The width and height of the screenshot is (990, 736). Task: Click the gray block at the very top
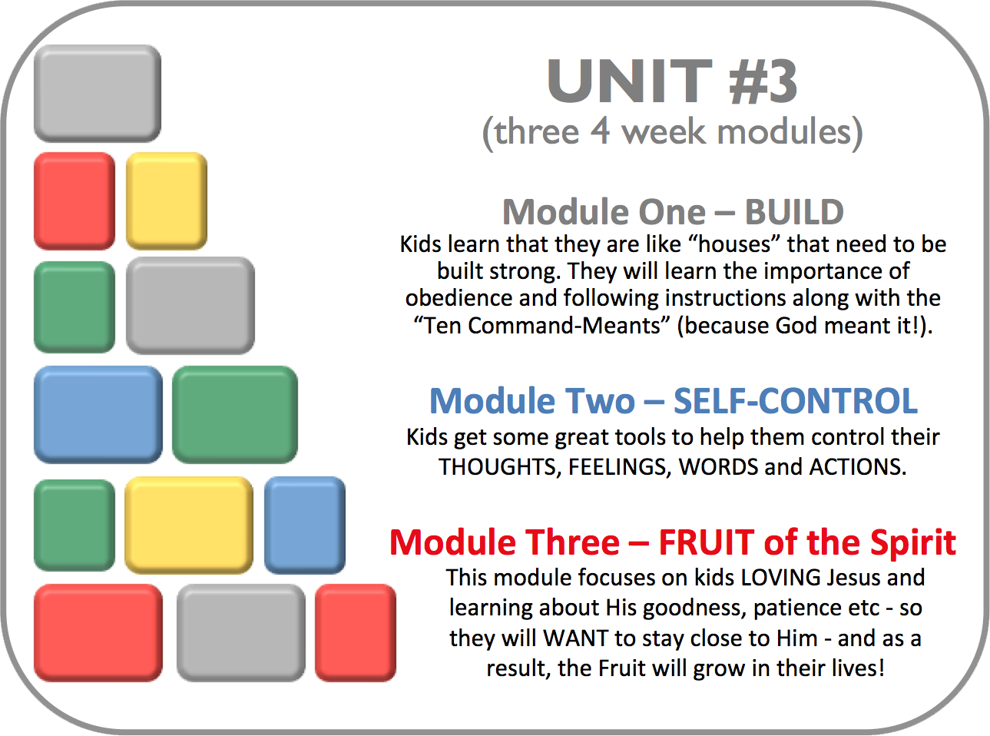[98, 93]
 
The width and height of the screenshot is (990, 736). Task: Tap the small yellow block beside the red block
[167, 201]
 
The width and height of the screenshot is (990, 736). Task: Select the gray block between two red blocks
[241, 633]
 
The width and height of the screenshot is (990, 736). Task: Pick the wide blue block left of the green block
[98, 414]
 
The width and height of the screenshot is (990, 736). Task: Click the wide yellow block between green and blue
[189, 525]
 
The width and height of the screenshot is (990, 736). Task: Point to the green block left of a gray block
[74, 307]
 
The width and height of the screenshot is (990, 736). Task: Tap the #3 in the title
[763, 82]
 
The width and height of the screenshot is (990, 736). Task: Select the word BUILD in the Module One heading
[794, 212]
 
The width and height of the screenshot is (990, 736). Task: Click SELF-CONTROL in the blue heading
[796, 400]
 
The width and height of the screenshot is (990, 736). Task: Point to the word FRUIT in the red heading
[706, 542]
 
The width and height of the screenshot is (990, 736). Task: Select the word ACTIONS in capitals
[857, 467]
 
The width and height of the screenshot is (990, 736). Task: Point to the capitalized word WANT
[575, 638]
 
